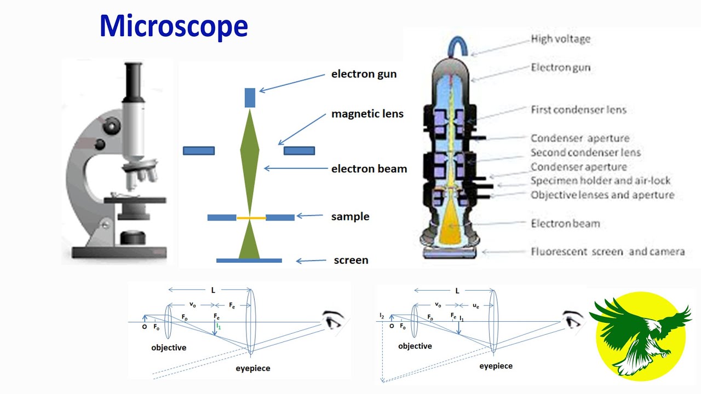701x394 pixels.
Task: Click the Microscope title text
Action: click(x=174, y=26)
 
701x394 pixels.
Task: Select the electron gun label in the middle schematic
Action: click(x=364, y=74)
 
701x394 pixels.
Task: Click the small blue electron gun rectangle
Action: click(x=250, y=97)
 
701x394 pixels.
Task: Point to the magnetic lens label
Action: click(x=367, y=114)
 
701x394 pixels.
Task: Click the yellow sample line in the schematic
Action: click(x=251, y=218)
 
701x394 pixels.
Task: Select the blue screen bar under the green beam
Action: click(x=249, y=260)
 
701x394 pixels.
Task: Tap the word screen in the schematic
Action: click(x=350, y=260)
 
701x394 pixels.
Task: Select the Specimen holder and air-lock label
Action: click(x=600, y=181)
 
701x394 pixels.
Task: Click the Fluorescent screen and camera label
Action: click(x=607, y=252)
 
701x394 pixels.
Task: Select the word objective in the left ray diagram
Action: click(x=169, y=347)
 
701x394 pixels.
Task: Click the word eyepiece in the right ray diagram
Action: click(x=496, y=366)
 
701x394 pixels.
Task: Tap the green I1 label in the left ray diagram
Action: click(x=218, y=326)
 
